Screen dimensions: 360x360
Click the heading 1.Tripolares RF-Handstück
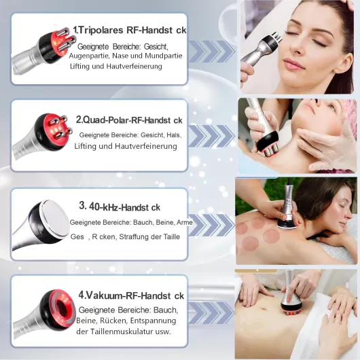tap(128, 30)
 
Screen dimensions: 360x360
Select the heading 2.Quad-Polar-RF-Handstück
tap(130, 118)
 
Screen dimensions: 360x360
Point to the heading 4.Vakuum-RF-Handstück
tap(130, 295)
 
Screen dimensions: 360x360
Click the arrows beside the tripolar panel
tap(211, 51)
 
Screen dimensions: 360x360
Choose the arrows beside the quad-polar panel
tap(211, 136)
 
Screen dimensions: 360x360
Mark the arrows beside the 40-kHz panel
tap(211, 224)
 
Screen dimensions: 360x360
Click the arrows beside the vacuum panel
tap(211, 312)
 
